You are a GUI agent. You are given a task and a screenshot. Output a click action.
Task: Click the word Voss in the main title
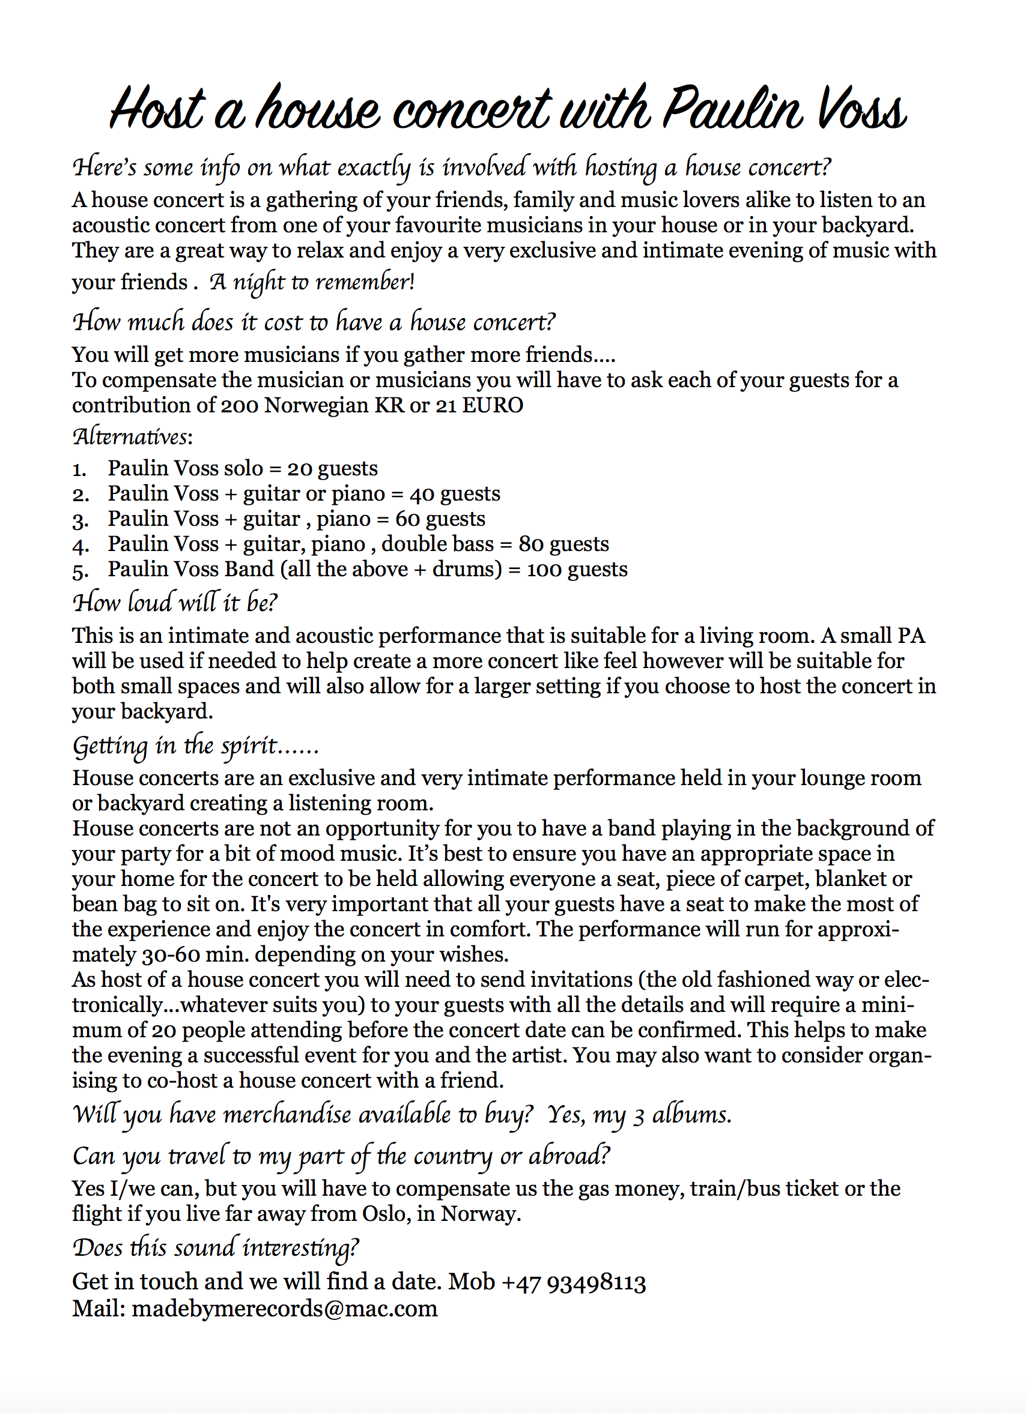[x=861, y=109]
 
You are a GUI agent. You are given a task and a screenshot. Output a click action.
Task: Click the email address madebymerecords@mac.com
[x=285, y=1309]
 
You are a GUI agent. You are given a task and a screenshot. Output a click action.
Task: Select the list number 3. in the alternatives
[x=80, y=520]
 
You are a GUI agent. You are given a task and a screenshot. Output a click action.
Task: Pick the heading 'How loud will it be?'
[x=175, y=603]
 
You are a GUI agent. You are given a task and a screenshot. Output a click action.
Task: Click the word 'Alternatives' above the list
[x=130, y=437]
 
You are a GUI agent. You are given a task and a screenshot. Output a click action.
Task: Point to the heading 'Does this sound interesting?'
[x=216, y=1248]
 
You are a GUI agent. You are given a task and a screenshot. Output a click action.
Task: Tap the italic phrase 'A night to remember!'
[x=312, y=282]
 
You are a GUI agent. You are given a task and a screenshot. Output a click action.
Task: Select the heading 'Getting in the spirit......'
[x=196, y=746]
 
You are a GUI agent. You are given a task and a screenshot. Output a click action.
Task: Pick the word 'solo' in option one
[x=244, y=469]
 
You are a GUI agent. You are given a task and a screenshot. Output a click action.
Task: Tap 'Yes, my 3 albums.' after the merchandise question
[x=639, y=1115]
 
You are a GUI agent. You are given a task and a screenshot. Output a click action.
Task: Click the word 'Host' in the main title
[x=159, y=109]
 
